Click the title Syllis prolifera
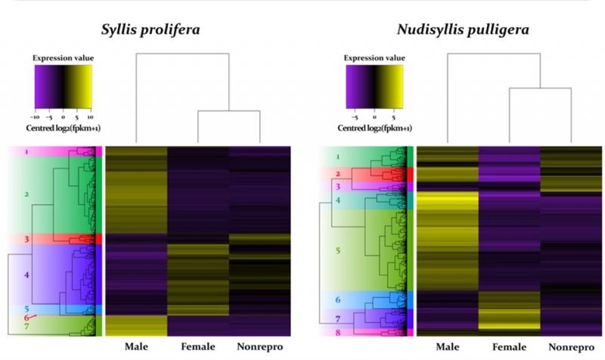(x=156, y=31)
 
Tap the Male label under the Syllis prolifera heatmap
(x=134, y=347)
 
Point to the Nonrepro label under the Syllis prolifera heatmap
(x=259, y=347)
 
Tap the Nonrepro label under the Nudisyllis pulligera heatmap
(x=571, y=347)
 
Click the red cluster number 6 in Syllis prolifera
(x=26, y=318)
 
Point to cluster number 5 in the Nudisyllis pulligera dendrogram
(x=337, y=249)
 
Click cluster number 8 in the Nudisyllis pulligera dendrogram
(x=337, y=332)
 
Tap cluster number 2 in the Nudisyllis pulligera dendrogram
(x=337, y=174)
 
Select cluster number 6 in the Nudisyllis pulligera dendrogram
(x=337, y=301)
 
